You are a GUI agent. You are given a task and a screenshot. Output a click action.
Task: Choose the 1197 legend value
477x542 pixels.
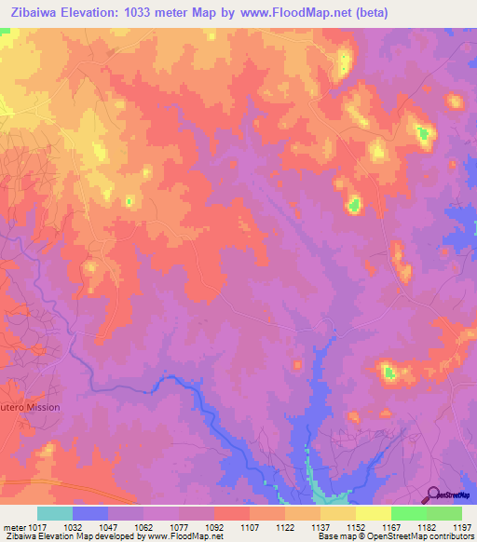(462, 526)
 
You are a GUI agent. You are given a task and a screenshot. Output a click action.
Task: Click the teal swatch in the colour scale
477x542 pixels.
(55, 513)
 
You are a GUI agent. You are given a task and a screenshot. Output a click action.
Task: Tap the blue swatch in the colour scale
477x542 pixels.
(90, 513)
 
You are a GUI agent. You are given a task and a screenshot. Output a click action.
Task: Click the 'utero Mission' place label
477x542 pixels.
(30, 407)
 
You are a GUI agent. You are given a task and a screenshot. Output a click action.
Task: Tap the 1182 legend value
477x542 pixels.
(427, 526)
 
